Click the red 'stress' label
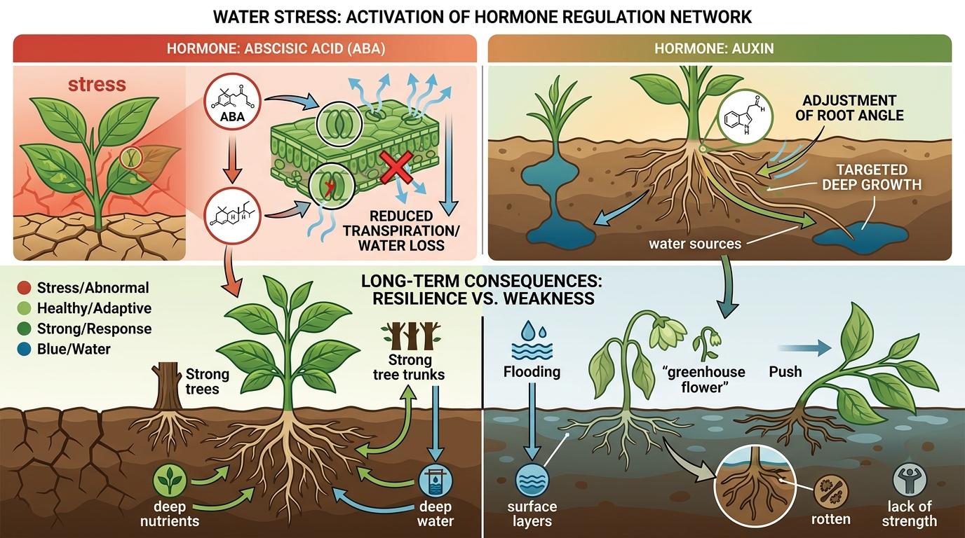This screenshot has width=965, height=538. pos(97,85)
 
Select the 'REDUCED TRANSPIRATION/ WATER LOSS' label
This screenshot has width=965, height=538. pos(400,230)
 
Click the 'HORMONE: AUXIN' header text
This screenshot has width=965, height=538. pos(719,49)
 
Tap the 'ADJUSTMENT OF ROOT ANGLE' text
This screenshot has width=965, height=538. pos(849,108)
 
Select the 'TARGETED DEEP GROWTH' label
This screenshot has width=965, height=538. pos(872,177)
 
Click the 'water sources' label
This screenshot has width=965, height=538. pos(695,244)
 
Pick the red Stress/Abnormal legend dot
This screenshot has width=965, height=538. pos(24,288)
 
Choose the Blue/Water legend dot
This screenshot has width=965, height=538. pos(24,349)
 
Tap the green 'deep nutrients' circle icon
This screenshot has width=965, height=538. pos(170,483)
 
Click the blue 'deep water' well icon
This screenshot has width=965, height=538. pos(436,481)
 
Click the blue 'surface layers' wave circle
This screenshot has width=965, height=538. pos(531,481)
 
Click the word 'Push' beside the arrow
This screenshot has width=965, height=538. pos(785,371)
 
